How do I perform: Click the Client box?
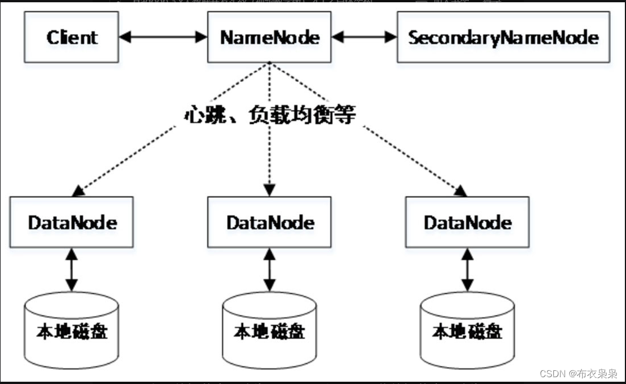pyautogui.click(x=72, y=37)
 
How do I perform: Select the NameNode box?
pyautogui.click(x=270, y=37)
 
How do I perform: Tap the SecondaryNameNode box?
pyautogui.click(x=503, y=37)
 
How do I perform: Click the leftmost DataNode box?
pyautogui.click(x=72, y=222)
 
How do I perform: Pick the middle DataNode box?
pyautogui.click(x=270, y=222)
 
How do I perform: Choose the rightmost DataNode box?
pyautogui.click(x=468, y=222)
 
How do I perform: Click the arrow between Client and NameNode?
pyautogui.click(x=163, y=37)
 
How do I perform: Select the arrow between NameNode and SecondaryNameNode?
pyautogui.click(x=364, y=37)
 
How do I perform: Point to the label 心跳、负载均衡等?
pyautogui.click(x=270, y=115)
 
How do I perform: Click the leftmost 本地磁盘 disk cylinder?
pyautogui.click(x=72, y=331)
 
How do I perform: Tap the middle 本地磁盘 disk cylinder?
pyautogui.click(x=270, y=331)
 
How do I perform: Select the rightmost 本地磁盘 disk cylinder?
pyautogui.click(x=468, y=331)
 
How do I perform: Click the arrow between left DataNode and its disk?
pyautogui.click(x=72, y=269)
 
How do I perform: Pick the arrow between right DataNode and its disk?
pyautogui.click(x=468, y=269)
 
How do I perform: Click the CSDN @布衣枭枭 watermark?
pyautogui.click(x=578, y=373)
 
